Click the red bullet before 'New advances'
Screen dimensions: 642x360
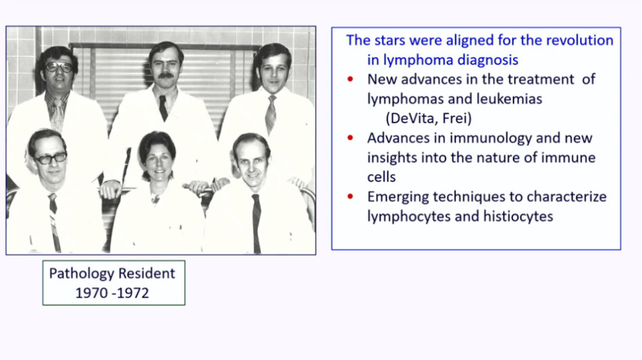click(350, 79)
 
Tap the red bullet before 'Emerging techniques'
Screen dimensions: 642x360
click(350, 197)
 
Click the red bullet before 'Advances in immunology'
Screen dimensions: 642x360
click(350, 138)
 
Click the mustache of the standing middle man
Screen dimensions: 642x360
click(166, 76)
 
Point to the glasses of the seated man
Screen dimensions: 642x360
click(51, 158)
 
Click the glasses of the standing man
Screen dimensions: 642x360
click(60, 67)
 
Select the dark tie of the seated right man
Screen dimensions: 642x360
click(256, 223)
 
